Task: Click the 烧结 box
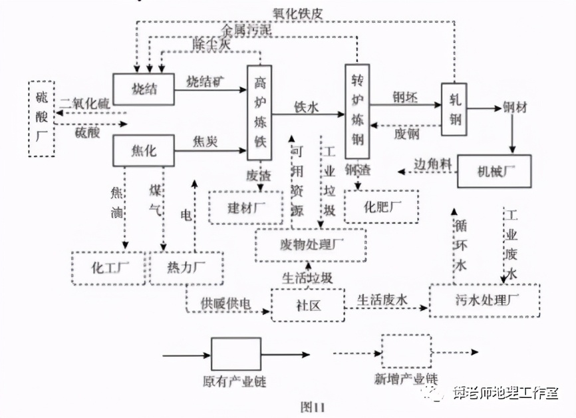[x=143, y=89]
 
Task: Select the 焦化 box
[x=143, y=151]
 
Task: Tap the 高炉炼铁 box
[x=259, y=112]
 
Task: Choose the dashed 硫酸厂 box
[x=42, y=118]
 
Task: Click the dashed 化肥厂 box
[x=381, y=207]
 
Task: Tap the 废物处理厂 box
[x=311, y=245]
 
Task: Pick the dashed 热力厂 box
[x=187, y=268]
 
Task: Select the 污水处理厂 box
[x=484, y=300]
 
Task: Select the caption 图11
[x=311, y=405]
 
